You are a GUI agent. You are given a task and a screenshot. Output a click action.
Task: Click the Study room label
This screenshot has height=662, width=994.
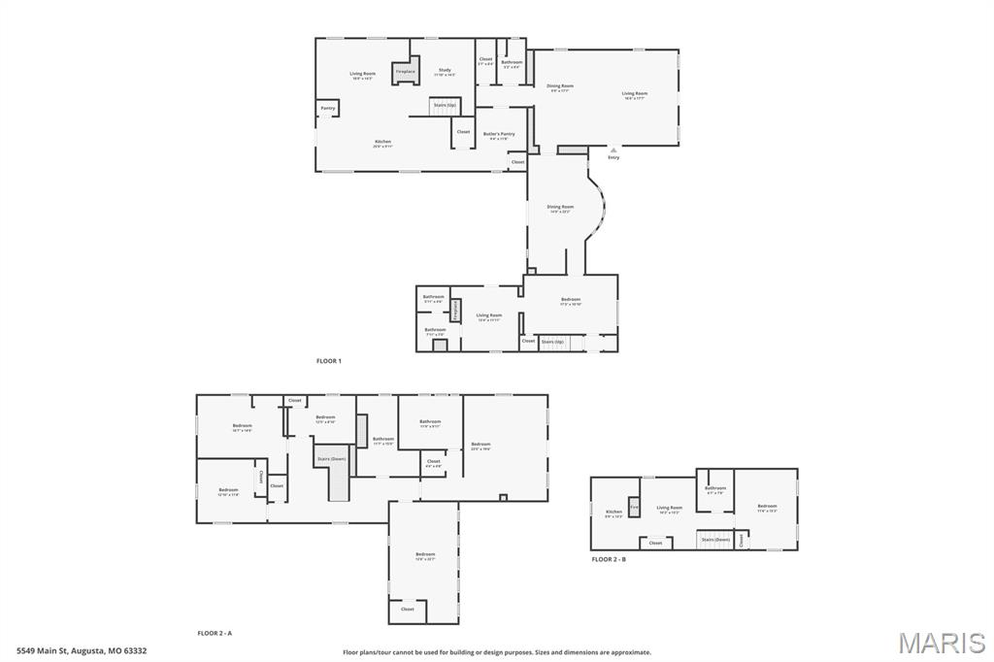[445, 71]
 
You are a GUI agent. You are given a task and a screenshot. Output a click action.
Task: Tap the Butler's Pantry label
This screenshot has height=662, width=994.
[499, 135]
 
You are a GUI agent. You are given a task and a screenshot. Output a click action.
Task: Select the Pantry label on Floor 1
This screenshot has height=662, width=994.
[328, 108]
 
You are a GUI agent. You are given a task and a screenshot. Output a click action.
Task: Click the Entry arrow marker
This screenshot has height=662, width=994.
[613, 150]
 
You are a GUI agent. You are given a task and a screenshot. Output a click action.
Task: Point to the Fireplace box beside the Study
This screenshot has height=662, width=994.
[405, 71]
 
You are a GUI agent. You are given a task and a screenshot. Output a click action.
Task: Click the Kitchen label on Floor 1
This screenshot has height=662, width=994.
[383, 143]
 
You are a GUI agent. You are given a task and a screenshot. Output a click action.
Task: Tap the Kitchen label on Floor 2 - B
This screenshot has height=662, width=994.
[613, 513]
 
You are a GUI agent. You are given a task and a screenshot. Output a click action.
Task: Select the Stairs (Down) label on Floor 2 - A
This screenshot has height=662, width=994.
[331, 459]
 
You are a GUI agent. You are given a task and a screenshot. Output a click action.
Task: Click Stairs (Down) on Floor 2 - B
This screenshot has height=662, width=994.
[715, 539]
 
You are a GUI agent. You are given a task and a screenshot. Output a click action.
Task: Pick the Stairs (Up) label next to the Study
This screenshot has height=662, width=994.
[444, 105]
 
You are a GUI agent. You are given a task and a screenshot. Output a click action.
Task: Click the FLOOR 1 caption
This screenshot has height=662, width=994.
[329, 361]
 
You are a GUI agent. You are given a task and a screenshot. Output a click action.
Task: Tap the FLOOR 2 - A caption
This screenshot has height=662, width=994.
[215, 633]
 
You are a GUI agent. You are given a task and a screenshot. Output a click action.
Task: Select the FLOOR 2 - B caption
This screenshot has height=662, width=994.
[609, 560]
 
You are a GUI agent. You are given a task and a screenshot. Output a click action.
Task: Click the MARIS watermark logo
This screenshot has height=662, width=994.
[942, 643]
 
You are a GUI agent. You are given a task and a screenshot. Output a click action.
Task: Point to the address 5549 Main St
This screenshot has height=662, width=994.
[81, 651]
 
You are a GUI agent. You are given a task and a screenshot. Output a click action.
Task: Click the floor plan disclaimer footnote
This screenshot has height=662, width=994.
[497, 652]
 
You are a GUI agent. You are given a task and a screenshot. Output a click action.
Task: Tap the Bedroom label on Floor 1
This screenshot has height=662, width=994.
[571, 300]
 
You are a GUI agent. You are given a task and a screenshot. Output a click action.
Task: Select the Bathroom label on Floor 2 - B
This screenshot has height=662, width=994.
[715, 489]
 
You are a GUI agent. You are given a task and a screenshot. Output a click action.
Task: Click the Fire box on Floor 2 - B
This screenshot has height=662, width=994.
[634, 507]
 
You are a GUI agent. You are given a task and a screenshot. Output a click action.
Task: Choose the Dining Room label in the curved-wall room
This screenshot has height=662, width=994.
[560, 208]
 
